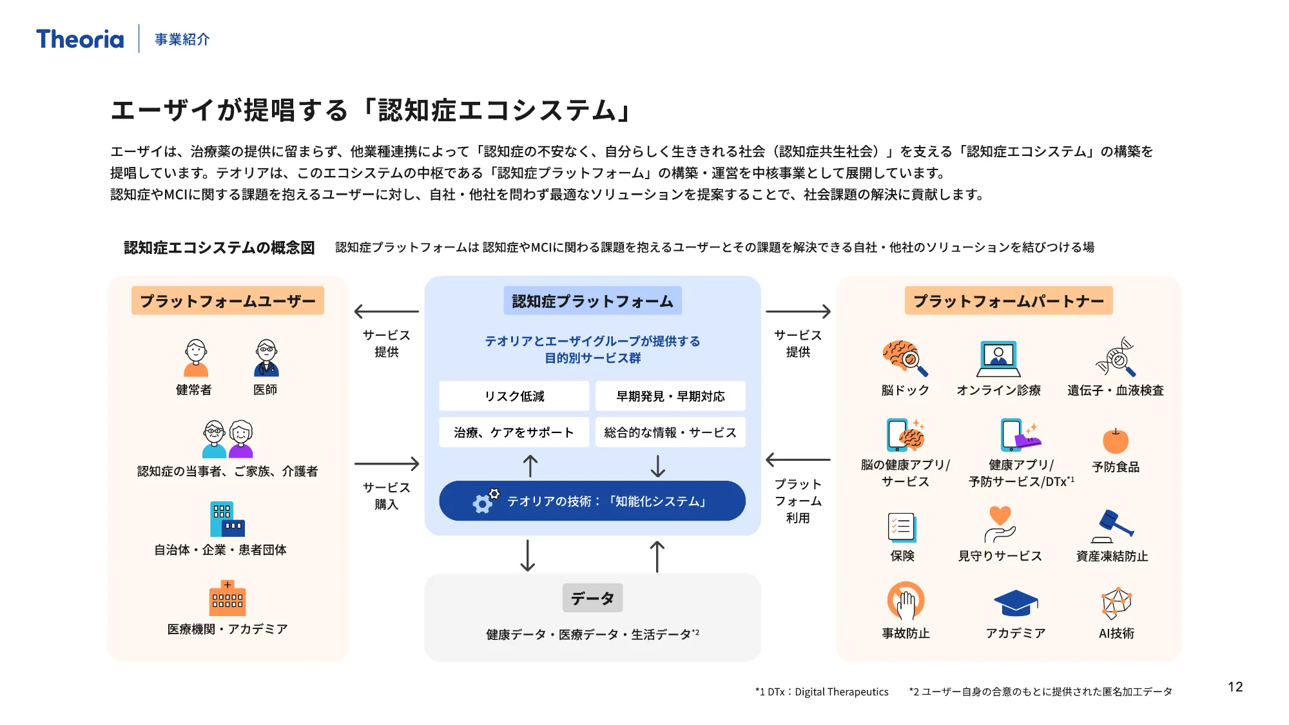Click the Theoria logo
pos(80,39)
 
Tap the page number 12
pos(1235,687)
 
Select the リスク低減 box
pos(514,396)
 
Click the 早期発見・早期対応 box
pos(670,396)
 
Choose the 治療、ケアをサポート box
pos(514,432)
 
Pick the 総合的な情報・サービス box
pos(670,432)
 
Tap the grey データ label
pos(592,598)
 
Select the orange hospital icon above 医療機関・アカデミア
pos(228,598)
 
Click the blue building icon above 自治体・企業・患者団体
pos(227,519)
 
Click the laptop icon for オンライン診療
pos(998,358)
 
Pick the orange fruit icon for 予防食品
pos(1116,441)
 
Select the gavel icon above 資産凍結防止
pos(1113,526)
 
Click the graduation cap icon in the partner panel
pos(1016,603)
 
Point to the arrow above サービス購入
pos(387,463)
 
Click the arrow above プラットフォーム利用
pos(798,460)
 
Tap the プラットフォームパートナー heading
pos(1009,301)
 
